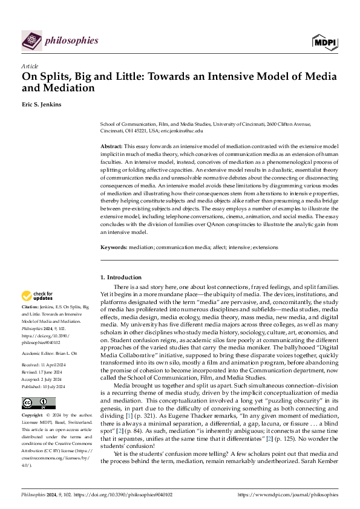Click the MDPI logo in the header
click(325, 41)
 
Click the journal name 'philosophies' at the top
click(71, 41)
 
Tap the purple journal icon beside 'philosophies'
click(31, 41)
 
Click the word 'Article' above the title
click(30, 66)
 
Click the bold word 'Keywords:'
click(113, 247)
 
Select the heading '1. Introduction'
click(120, 277)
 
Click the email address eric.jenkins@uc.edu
click(182, 131)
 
